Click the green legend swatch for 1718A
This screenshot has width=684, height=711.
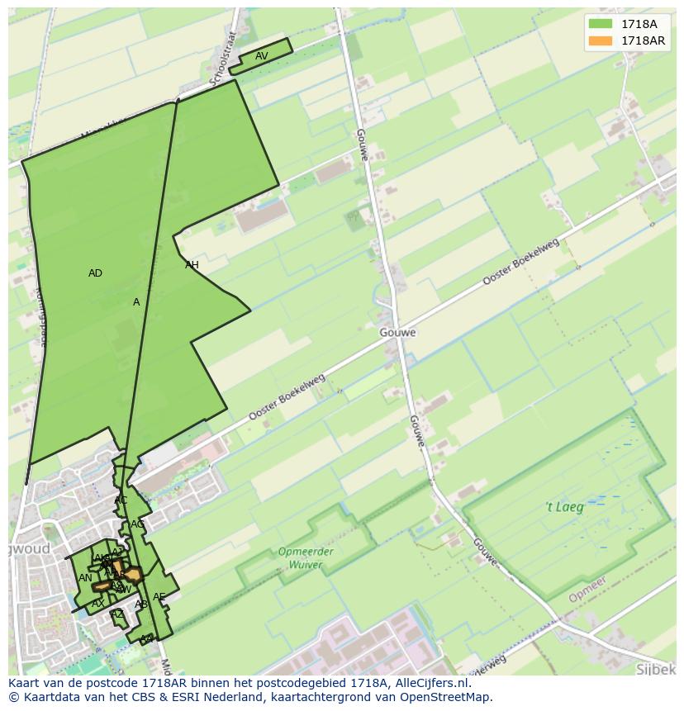pos(601,24)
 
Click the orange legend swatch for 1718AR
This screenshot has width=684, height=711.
pos(601,40)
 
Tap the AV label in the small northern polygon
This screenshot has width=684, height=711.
pos(261,56)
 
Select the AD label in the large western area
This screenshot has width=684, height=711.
pos(95,273)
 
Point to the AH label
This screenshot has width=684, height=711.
pos(192,265)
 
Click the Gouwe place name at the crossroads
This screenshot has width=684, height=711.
pos(398,333)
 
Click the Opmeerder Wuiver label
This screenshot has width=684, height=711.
pos(306,558)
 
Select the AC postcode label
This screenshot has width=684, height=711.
pos(121,500)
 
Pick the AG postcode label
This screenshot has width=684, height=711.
pos(137,524)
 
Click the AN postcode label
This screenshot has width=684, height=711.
pos(85,578)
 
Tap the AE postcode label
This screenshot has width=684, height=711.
pos(159,597)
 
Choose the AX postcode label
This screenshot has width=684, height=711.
pos(97,604)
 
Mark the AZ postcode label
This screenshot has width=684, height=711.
pos(117,614)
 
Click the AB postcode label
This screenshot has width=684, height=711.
pos(141,604)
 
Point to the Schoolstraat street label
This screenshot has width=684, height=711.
pos(224,59)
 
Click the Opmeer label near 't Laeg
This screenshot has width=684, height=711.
pos(587,589)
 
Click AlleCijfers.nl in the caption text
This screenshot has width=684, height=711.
pos(430,683)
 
